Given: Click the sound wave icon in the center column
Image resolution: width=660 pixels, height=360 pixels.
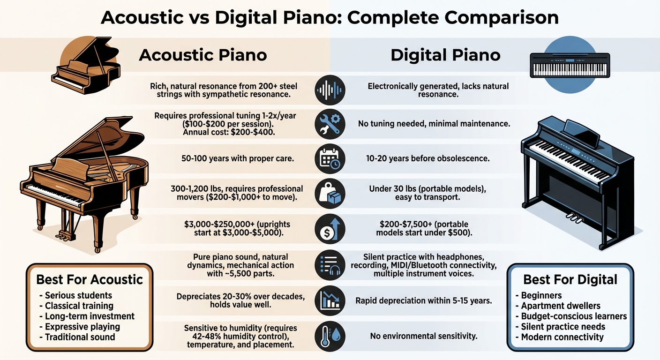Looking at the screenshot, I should point(330,90).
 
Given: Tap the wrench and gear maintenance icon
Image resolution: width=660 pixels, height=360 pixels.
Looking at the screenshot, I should point(330,124).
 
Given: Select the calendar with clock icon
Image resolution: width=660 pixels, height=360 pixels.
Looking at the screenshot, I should point(330,158).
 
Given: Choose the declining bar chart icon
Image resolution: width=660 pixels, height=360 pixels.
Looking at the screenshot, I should point(330,300).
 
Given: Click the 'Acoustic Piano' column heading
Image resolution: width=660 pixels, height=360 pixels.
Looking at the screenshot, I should point(203,55).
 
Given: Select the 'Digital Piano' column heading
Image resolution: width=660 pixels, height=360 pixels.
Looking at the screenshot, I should point(445,55).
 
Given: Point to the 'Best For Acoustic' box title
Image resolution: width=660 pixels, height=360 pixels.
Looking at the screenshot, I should point(90,280).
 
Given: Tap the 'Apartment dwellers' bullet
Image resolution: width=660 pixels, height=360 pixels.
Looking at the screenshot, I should point(560,306).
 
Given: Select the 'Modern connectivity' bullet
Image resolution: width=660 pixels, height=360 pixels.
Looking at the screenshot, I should point(562,337).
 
